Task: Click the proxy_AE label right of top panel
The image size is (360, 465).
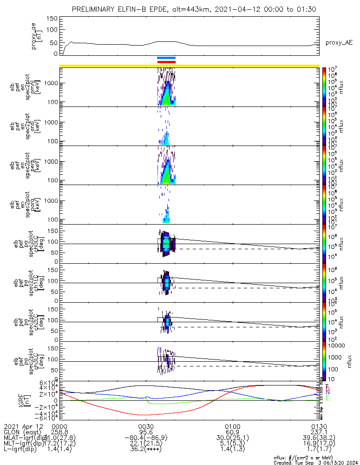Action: [x=339, y=43]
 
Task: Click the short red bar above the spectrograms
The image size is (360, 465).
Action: [x=166, y=61]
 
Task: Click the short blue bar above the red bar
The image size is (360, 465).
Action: [x=166, y=58]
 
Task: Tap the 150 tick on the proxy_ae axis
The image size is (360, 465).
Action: [x=52, y=19]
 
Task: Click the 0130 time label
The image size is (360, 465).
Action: [x=319, y=426]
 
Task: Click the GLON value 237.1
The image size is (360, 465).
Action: [x=319, y=432]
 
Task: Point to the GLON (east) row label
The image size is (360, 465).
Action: [x=24, y=432]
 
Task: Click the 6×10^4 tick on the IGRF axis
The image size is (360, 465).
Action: [x=48, y=383]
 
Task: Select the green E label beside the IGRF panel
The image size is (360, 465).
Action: [x=327, y=399]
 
